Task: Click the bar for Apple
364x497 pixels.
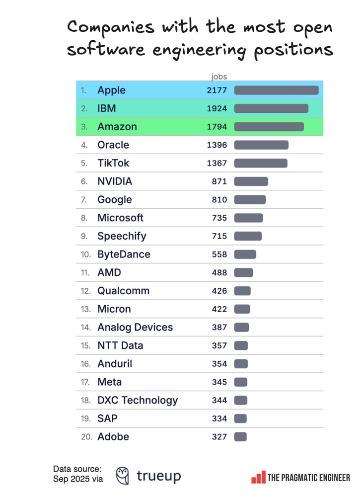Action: coord(276,90)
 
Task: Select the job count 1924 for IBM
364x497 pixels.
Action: coord(217,108)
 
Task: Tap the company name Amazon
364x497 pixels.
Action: coord(117,127)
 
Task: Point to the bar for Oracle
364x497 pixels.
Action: coord(261,145)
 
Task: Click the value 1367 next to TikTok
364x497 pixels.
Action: coord(217,163)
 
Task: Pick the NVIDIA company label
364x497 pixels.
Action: coord(115,181)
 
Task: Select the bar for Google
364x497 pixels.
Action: coord(250,200)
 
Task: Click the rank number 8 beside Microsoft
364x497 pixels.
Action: coord(84,218)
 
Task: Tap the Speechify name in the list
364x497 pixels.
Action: coord(122,236)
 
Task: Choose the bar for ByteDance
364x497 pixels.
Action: coord(245,254)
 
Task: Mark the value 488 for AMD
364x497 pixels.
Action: coord(219,273)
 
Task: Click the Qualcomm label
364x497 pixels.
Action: coord(123,291)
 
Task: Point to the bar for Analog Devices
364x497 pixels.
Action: coord(241,327)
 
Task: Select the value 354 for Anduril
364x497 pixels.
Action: coord(219,364)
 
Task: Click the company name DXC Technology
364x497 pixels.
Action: coord(138,400)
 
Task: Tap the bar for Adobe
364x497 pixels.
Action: coord(240,437)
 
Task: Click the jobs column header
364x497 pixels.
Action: coord(219,77)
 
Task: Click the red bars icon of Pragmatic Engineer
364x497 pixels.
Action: coord(258,478)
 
